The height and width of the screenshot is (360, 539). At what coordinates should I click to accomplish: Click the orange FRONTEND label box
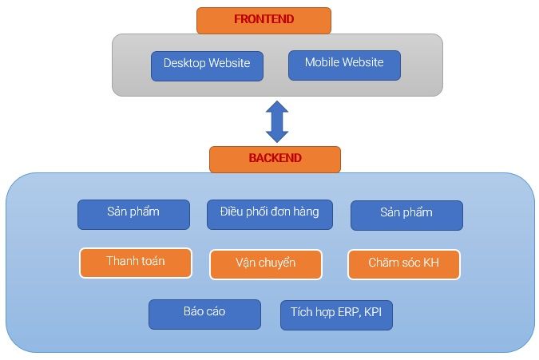(x=263, y=20)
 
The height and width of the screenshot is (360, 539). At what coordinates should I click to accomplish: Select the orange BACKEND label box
(x=275, y=159)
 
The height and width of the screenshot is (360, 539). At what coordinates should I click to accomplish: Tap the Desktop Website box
(x=207, y=65)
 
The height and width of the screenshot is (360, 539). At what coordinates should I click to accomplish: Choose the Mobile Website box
(x=344, y=65)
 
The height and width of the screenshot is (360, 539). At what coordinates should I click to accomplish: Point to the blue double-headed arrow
(x=276, y=121)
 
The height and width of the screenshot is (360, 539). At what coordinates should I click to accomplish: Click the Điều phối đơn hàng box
(x=269, y=214)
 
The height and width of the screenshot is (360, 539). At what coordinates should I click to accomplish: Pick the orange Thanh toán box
(x=136, y=263)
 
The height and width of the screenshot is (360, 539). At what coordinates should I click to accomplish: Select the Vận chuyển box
(x=266, y=264)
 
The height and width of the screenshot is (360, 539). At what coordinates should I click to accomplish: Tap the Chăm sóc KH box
(x=404, y=263)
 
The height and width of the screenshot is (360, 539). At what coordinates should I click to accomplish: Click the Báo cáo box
(x=204, y=314)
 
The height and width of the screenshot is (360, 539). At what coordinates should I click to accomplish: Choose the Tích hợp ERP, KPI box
(x=336, y=315)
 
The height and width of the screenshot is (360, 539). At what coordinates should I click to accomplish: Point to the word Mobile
(x=322, y=62)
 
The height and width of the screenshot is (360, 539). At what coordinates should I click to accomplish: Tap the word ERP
(x=347, y=312)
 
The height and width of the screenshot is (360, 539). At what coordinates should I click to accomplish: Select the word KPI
(x=372, y=312)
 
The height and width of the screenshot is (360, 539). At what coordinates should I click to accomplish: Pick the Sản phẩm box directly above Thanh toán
(x=133, y=214)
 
